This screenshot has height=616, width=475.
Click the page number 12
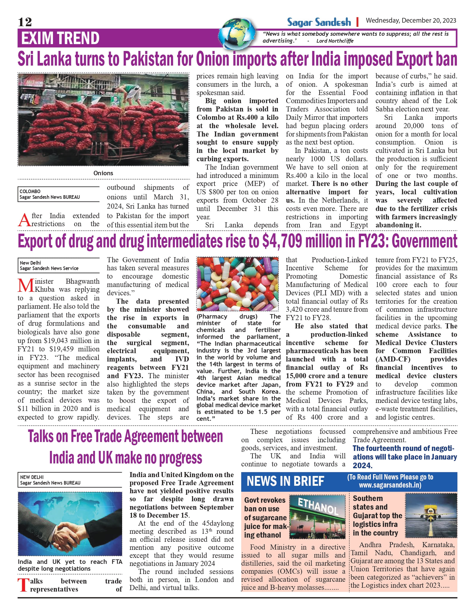tap(25, 22)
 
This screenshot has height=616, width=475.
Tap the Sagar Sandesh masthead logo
tap(319, 22)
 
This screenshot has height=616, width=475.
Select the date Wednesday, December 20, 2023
tap(411, 21)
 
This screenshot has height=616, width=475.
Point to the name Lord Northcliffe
tap(335, 41)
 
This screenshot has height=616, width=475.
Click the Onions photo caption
tap(103, 173)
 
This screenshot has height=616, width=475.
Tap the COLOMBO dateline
tap(30, 191)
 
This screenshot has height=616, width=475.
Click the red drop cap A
tap(24, 220)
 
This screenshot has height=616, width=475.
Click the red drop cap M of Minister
tap(26, 285)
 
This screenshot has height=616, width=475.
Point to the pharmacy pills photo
tap(238, 284)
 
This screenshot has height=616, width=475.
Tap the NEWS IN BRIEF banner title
tap(285, 481)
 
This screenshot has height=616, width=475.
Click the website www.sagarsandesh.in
tap(390, 485)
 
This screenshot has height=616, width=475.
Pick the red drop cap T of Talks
tap(23, 585)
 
